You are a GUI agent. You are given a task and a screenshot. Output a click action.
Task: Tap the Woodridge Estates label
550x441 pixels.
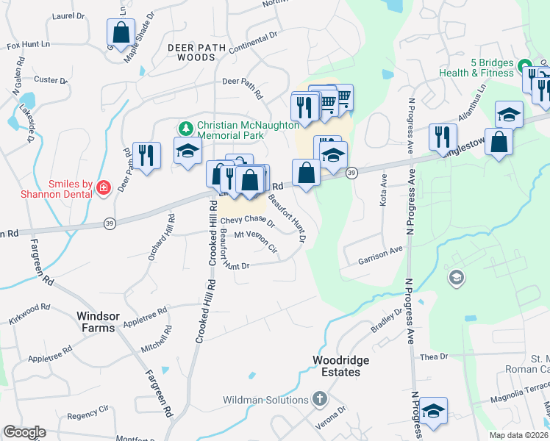tap(337, 366)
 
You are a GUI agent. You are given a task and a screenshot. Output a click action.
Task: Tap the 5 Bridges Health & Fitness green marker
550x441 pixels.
tap(524, 65)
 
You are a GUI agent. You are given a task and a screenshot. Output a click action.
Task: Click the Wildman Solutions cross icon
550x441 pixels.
tap(319, 399)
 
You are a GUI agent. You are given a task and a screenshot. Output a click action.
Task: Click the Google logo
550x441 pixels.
tap(24, 432)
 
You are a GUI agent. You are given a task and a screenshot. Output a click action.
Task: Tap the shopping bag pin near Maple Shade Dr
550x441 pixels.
tap(120, 33)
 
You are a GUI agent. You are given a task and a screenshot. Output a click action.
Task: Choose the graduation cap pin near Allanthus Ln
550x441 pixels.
tap(508, 115)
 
